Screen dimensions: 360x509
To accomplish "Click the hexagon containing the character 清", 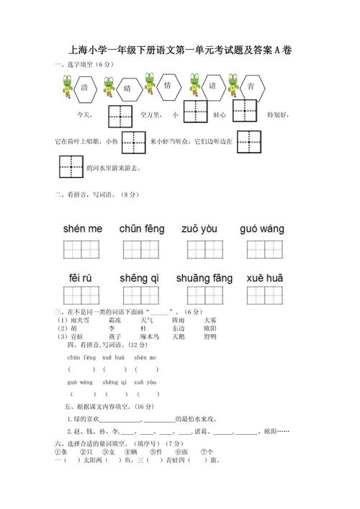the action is tap(85, 88).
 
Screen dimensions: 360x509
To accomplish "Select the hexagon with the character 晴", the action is tap(127, 89).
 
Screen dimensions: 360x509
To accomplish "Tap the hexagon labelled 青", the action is tap(251, 87).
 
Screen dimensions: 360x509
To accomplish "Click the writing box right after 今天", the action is tap(120, 114).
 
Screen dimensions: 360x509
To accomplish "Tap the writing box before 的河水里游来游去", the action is tap(71, 168).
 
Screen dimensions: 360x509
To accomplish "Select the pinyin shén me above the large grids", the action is tap(83, 229).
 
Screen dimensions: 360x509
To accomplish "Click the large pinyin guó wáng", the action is tap(261, 229).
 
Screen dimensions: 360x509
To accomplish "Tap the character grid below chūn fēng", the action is tap(140, 250).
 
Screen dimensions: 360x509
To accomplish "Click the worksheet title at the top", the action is tap(180, 51).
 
